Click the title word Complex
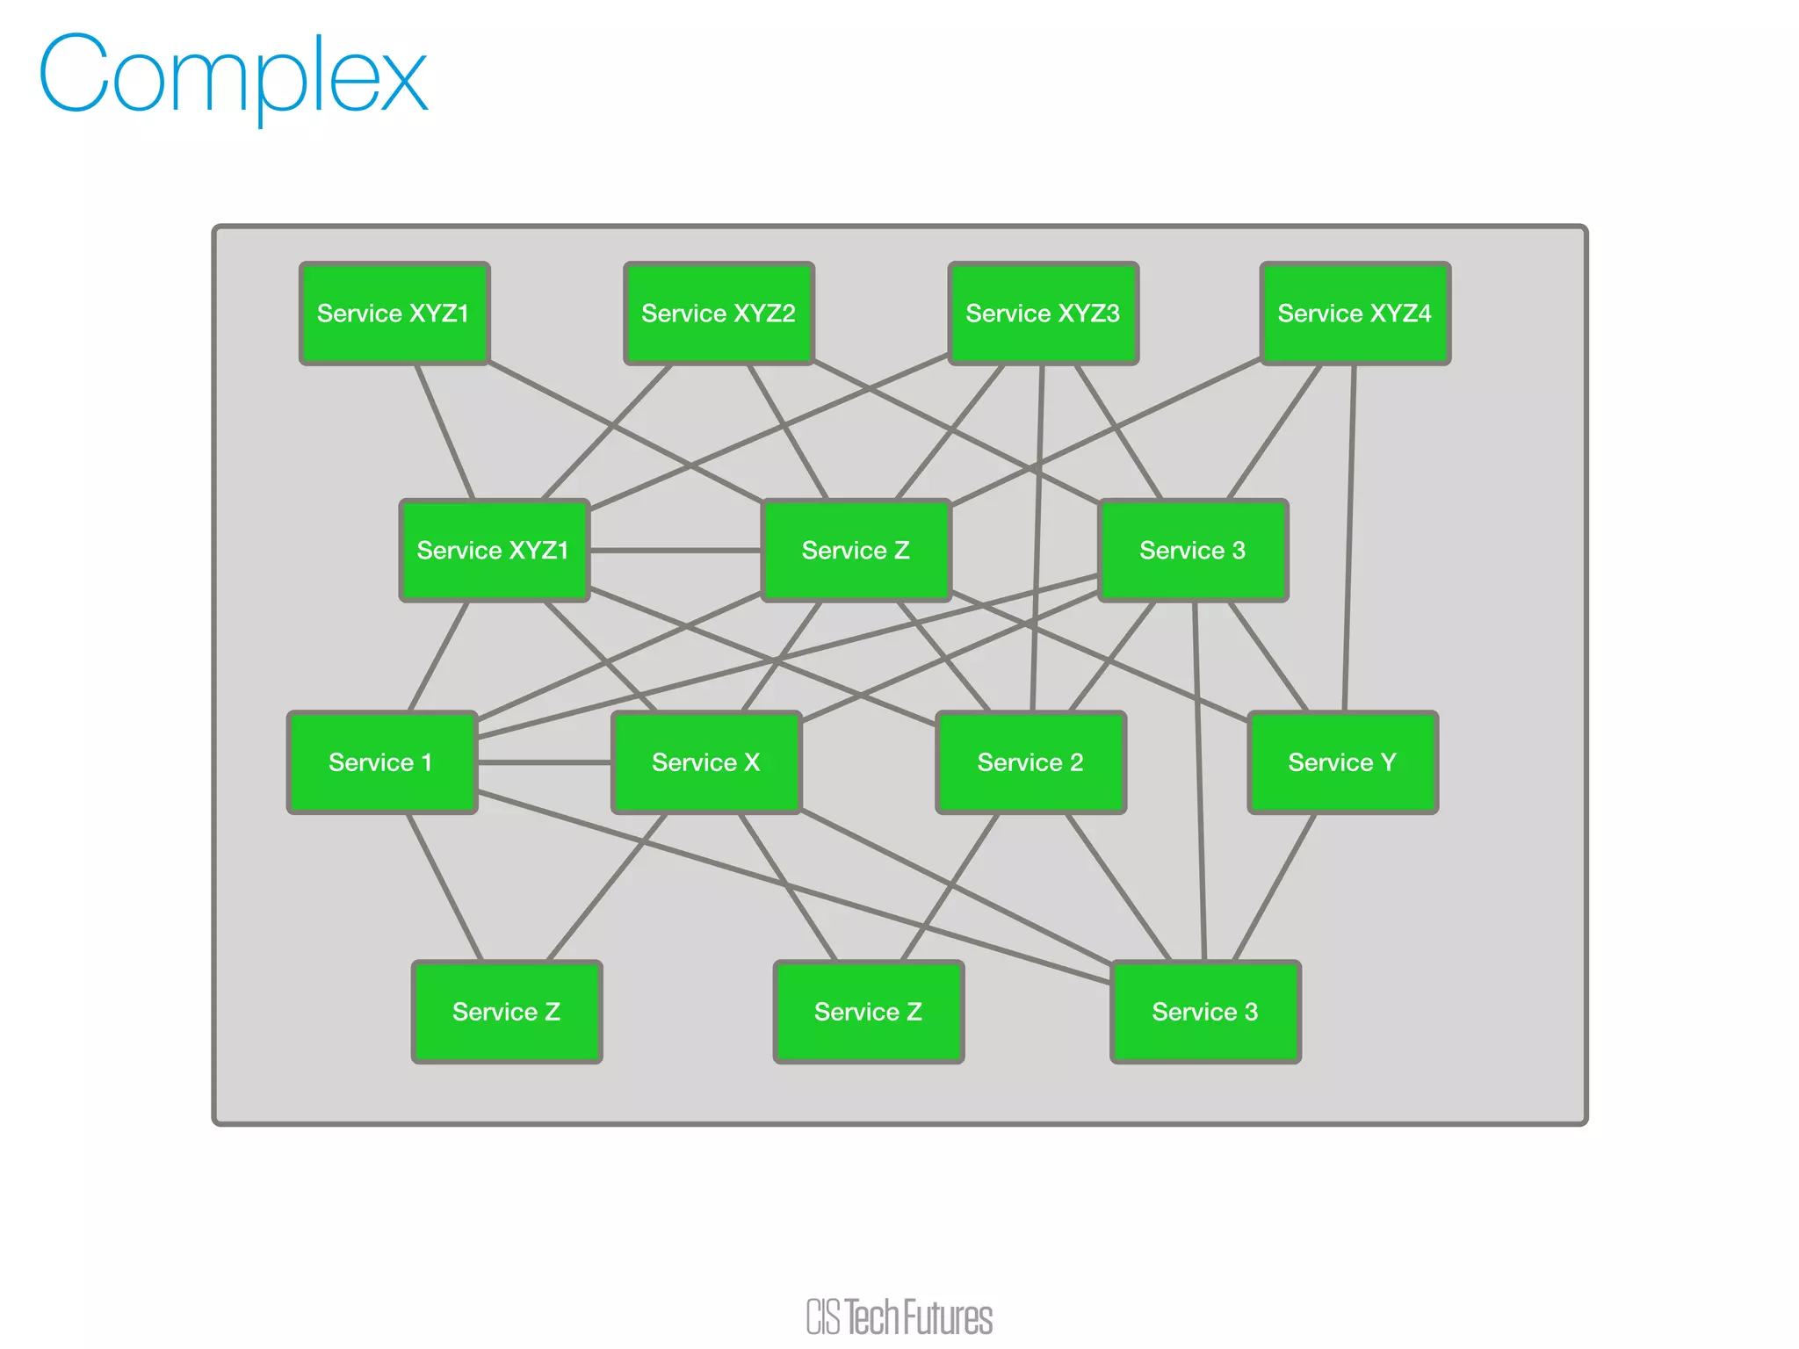point(233,77)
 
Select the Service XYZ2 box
point(719,313)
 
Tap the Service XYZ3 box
point(1043,313)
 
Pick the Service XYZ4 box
point(1355,313)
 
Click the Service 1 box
point(381,761)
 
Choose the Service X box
point(705,761)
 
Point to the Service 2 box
point(1030,761)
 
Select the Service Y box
point(1342,761)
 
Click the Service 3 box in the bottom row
point(1205,1011)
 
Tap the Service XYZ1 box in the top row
point(394,313)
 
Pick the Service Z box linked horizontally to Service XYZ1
point(856,550)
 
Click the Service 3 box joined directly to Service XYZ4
point(1192,550)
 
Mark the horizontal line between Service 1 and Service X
point(545,762)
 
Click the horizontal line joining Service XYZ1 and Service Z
point(675,551)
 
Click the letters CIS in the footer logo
point(823,1317)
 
